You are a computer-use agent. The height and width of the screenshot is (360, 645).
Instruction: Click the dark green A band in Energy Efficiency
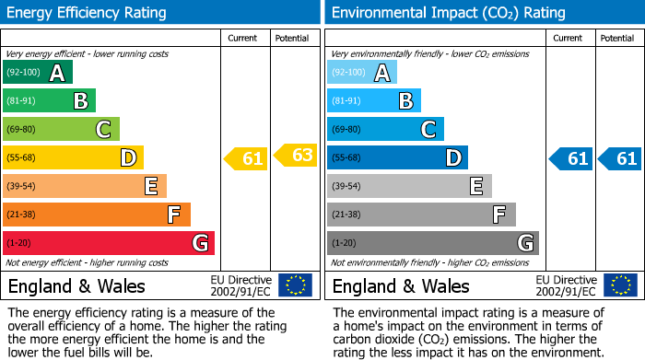coord(37,73)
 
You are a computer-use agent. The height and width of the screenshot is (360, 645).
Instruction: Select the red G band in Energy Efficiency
coord(108,243)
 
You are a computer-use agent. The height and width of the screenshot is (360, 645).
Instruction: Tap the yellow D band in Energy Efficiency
coord(73,158)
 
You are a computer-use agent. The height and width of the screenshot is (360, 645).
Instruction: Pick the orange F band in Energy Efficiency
coord(96,215)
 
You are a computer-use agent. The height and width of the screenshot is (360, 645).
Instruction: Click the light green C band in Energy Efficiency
coord(61,130)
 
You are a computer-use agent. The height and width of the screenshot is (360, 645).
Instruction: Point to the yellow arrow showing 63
coord(296,155)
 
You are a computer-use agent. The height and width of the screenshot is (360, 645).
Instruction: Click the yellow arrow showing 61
coord(246,158)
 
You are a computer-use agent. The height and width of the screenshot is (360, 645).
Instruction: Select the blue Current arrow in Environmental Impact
coord(570,158)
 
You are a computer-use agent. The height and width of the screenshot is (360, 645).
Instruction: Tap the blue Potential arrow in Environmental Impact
coord(619,158)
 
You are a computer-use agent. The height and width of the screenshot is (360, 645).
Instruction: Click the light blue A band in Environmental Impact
coord(361,73)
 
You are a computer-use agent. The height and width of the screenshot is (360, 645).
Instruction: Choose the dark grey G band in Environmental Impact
coord(432,243)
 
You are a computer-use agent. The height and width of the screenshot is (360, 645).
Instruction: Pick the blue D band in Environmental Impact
coord(397,158)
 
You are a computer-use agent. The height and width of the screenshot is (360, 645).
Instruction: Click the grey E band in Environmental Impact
coord(409,186)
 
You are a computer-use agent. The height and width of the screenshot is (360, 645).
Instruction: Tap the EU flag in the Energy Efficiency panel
coord(295,285)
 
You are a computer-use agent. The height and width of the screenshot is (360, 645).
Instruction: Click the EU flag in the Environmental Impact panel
coord(619,285)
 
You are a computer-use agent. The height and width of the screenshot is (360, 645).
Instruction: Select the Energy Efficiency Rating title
coord(88,13)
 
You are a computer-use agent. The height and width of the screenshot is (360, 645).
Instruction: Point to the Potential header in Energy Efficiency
coord(292,38)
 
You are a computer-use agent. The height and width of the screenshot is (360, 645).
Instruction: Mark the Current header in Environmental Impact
coord(568,38)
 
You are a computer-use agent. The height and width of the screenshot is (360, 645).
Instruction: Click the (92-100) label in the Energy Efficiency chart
coord(23,73)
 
